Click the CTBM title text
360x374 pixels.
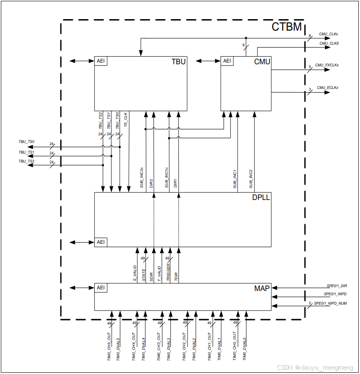(x=286, y=27)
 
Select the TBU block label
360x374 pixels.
(x=179, y=62)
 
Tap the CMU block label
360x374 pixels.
(x=262, y=62)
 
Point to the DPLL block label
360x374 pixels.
(x=261, y=197)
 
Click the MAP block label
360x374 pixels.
(x=262, y=288)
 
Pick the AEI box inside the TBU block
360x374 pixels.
(x=101, y=61)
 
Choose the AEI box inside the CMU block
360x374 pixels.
(x=227, y=61)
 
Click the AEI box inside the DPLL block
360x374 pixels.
(x=101, y=243)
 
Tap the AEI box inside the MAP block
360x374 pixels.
(x=101, y=288)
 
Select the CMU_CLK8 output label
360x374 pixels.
(x=329, y=43)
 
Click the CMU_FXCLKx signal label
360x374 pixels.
(x=327, y=65)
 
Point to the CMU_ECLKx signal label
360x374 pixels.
(x=327, y=88)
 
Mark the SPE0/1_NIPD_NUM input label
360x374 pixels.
(x=330, y=303)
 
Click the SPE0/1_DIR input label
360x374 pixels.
(x=337, y=286)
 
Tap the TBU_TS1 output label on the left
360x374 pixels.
(x=26, y=152)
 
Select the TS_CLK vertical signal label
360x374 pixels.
(x=126, y=120)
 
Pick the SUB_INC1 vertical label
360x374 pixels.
(x=235, y=179)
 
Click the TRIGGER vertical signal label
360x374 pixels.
(x=168, y=272)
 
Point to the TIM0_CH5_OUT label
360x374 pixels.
(x=109, y=346)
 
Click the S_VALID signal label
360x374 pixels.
(x=135, y=273)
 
